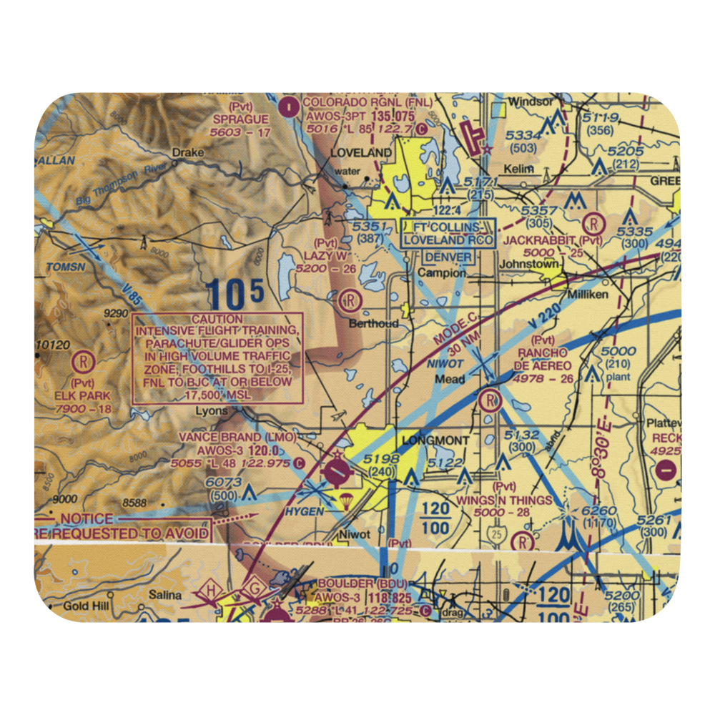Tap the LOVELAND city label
pyautogui.click(x=360, y=153)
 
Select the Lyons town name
pyautogui.click(x=212, y=411)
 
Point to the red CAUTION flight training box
pyautogui.click(x=217, y=358)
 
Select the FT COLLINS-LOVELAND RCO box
pyautogui.click(x=448, y=234)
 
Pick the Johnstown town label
pyautogui.click(x=530, y=264)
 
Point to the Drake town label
pyautogui.click(x=188, y=153)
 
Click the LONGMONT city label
pyautogui.click(x=428, y=440)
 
